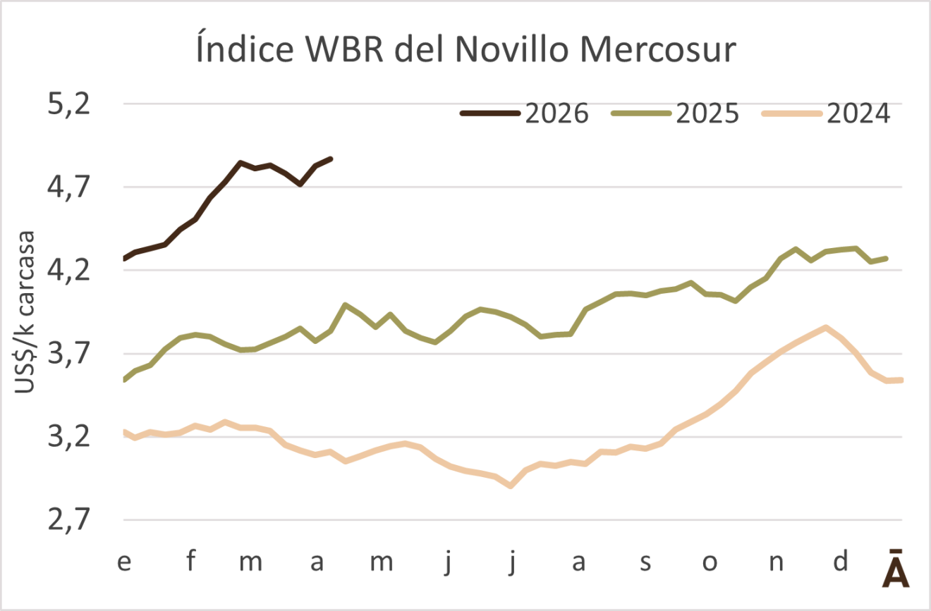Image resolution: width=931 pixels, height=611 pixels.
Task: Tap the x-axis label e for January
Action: [124, 563]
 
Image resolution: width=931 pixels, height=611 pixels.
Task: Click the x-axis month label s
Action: [644, 563]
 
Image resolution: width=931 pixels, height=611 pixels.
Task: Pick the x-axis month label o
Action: [710, 563]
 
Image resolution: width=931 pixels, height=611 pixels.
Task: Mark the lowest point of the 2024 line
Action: [511, 486]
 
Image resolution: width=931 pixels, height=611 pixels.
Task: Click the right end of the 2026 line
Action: [331, 159]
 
